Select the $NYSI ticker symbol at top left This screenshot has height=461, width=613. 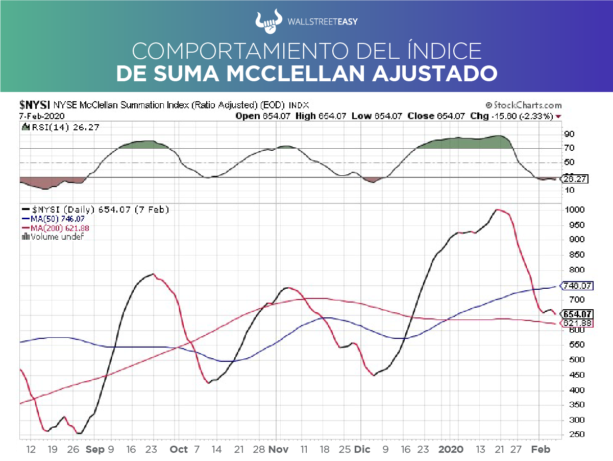tap(34, 105)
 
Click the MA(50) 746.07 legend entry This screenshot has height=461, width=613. tap(52, 219)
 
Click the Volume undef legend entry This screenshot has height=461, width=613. tap(53, 237)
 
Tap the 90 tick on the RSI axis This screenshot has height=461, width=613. tap(569, 134)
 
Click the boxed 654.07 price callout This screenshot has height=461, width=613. tap(577, 314)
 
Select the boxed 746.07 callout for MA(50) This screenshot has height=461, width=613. tap(577, 286)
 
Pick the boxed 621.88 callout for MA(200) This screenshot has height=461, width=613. tap(577, 324)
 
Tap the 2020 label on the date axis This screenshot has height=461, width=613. tap(451, 449)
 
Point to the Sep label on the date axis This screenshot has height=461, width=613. tap(95, 449)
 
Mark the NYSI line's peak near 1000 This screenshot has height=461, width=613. tap(497, 210)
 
